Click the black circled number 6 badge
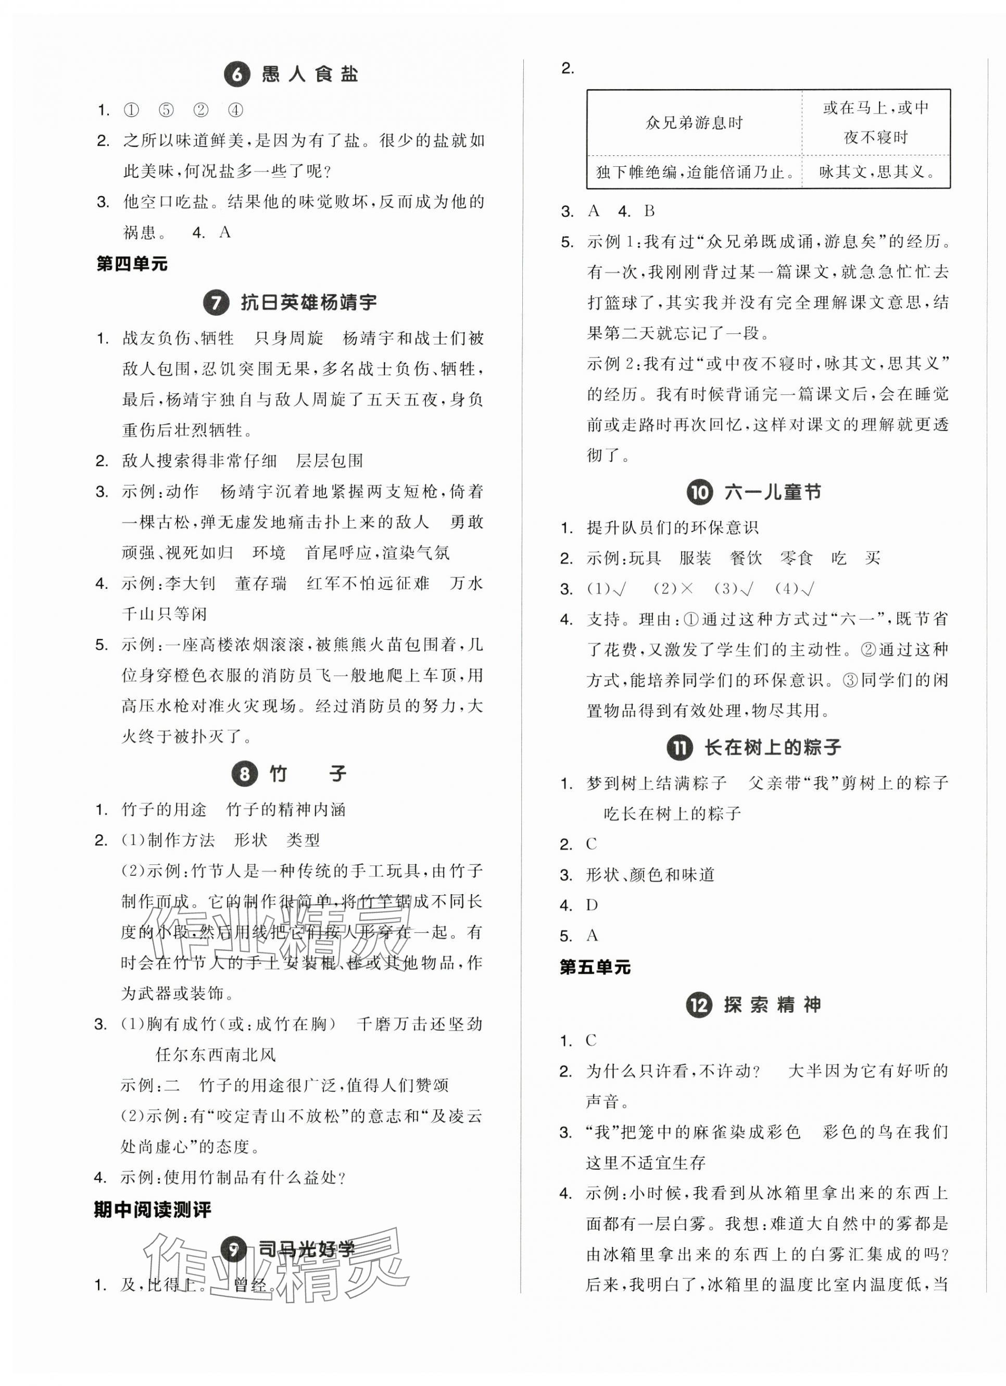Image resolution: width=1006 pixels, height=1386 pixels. pos(237,75)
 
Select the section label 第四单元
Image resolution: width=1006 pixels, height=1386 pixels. pos(132,264)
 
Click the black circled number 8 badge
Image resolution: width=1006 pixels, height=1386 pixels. pos(244,774)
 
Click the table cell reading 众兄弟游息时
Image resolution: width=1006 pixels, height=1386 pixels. pos(694,123)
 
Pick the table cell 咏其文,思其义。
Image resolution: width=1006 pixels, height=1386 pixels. pos(876,172)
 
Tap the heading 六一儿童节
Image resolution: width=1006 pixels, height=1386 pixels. pos(772,492)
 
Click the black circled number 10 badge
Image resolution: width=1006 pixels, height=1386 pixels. pos(700,492)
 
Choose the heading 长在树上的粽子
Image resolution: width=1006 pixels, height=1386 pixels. pos(773,747)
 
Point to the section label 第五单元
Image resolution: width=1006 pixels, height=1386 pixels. pos(595,967)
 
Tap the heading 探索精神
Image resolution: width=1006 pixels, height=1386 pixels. pos(772,1005)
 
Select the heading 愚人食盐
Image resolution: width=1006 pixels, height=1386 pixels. pos(310,75)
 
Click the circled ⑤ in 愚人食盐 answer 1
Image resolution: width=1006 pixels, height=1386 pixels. pos(166,110)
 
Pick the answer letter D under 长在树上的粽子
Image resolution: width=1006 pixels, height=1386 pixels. pos(592,905)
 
